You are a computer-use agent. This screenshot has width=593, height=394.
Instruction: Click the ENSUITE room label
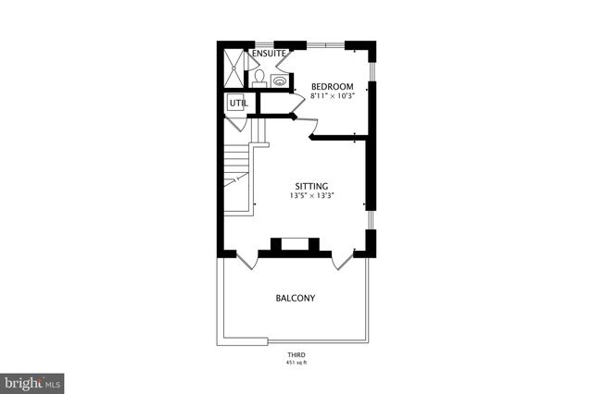269,54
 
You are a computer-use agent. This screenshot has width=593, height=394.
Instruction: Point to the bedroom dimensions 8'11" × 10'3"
331,96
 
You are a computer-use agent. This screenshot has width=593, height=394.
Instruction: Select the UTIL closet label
236,104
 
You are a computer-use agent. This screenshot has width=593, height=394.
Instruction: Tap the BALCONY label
295,298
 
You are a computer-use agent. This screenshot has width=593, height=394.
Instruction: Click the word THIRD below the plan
296,355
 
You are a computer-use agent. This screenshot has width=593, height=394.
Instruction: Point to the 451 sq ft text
296,363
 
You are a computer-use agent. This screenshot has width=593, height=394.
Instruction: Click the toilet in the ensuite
260,77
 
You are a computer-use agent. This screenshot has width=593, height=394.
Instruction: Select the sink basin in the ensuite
279,80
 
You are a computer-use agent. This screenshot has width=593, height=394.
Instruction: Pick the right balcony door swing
342,260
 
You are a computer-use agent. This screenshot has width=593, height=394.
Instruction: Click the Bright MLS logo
32,382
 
